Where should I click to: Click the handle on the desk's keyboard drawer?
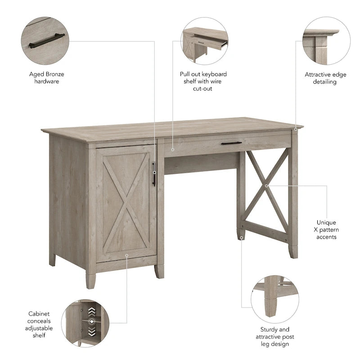point(231,144)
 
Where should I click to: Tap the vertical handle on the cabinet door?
point(153,174)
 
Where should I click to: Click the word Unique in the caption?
point(326,222)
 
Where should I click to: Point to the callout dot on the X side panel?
point(266,185)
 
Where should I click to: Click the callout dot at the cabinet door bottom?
point(127,255)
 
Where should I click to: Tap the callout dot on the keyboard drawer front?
point(172,148)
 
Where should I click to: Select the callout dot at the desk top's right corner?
point(296,130)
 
